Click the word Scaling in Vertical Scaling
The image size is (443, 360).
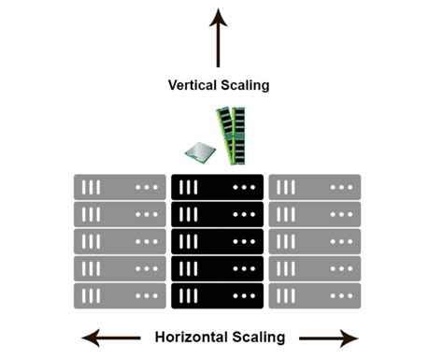pyautogui.click(x=245, y=85)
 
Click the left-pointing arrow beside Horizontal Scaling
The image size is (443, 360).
pyautogui.click(x=105, y=338)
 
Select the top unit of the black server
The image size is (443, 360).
pyautogui.click(x=218, y=187)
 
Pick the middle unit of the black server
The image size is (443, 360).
pyautogui.click(x=218, y=241)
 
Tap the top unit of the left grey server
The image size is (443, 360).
pyautogui.click(x=121, y=187)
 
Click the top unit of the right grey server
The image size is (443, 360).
pyautogui.click(x=315, y=187)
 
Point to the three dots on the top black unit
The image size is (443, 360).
pyautogui.click(x=243, y=187)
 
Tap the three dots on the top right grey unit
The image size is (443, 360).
pyautogui.click(x=340, y=187)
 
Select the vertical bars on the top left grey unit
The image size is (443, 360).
pyautogui.click(x=91, y=187)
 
